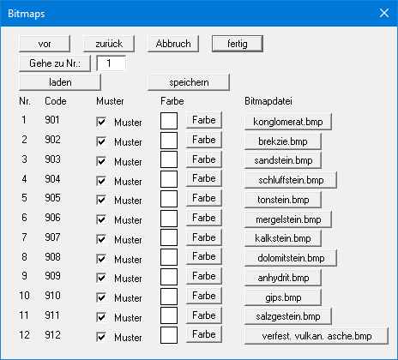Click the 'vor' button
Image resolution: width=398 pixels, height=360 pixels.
(45, 44)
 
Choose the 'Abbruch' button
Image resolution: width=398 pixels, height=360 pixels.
(173, 44)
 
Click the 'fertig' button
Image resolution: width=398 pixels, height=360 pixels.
(238, 44)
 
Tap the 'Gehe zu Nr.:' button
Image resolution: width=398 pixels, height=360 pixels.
(55, 63)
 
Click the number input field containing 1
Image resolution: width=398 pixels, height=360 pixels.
(112, 63)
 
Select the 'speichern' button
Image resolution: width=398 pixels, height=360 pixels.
(189, 82)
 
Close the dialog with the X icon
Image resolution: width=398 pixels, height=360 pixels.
(384, 13)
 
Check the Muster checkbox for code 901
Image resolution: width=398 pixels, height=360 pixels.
(101, 122)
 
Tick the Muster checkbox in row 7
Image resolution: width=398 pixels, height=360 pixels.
(101, 239)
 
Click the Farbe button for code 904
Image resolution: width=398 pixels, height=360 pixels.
(204, 178)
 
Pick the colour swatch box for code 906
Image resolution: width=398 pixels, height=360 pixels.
(169, 219)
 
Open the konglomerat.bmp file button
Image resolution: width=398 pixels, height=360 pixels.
(288, 122)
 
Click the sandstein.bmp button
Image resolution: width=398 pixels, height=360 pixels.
(283, 160)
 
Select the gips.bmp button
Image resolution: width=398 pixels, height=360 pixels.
(283, 297)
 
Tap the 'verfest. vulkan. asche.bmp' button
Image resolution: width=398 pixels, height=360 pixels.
(317, 336)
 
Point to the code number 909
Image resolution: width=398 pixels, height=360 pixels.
(52, 276)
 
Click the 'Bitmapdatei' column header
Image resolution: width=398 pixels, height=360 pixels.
(268, 101)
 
